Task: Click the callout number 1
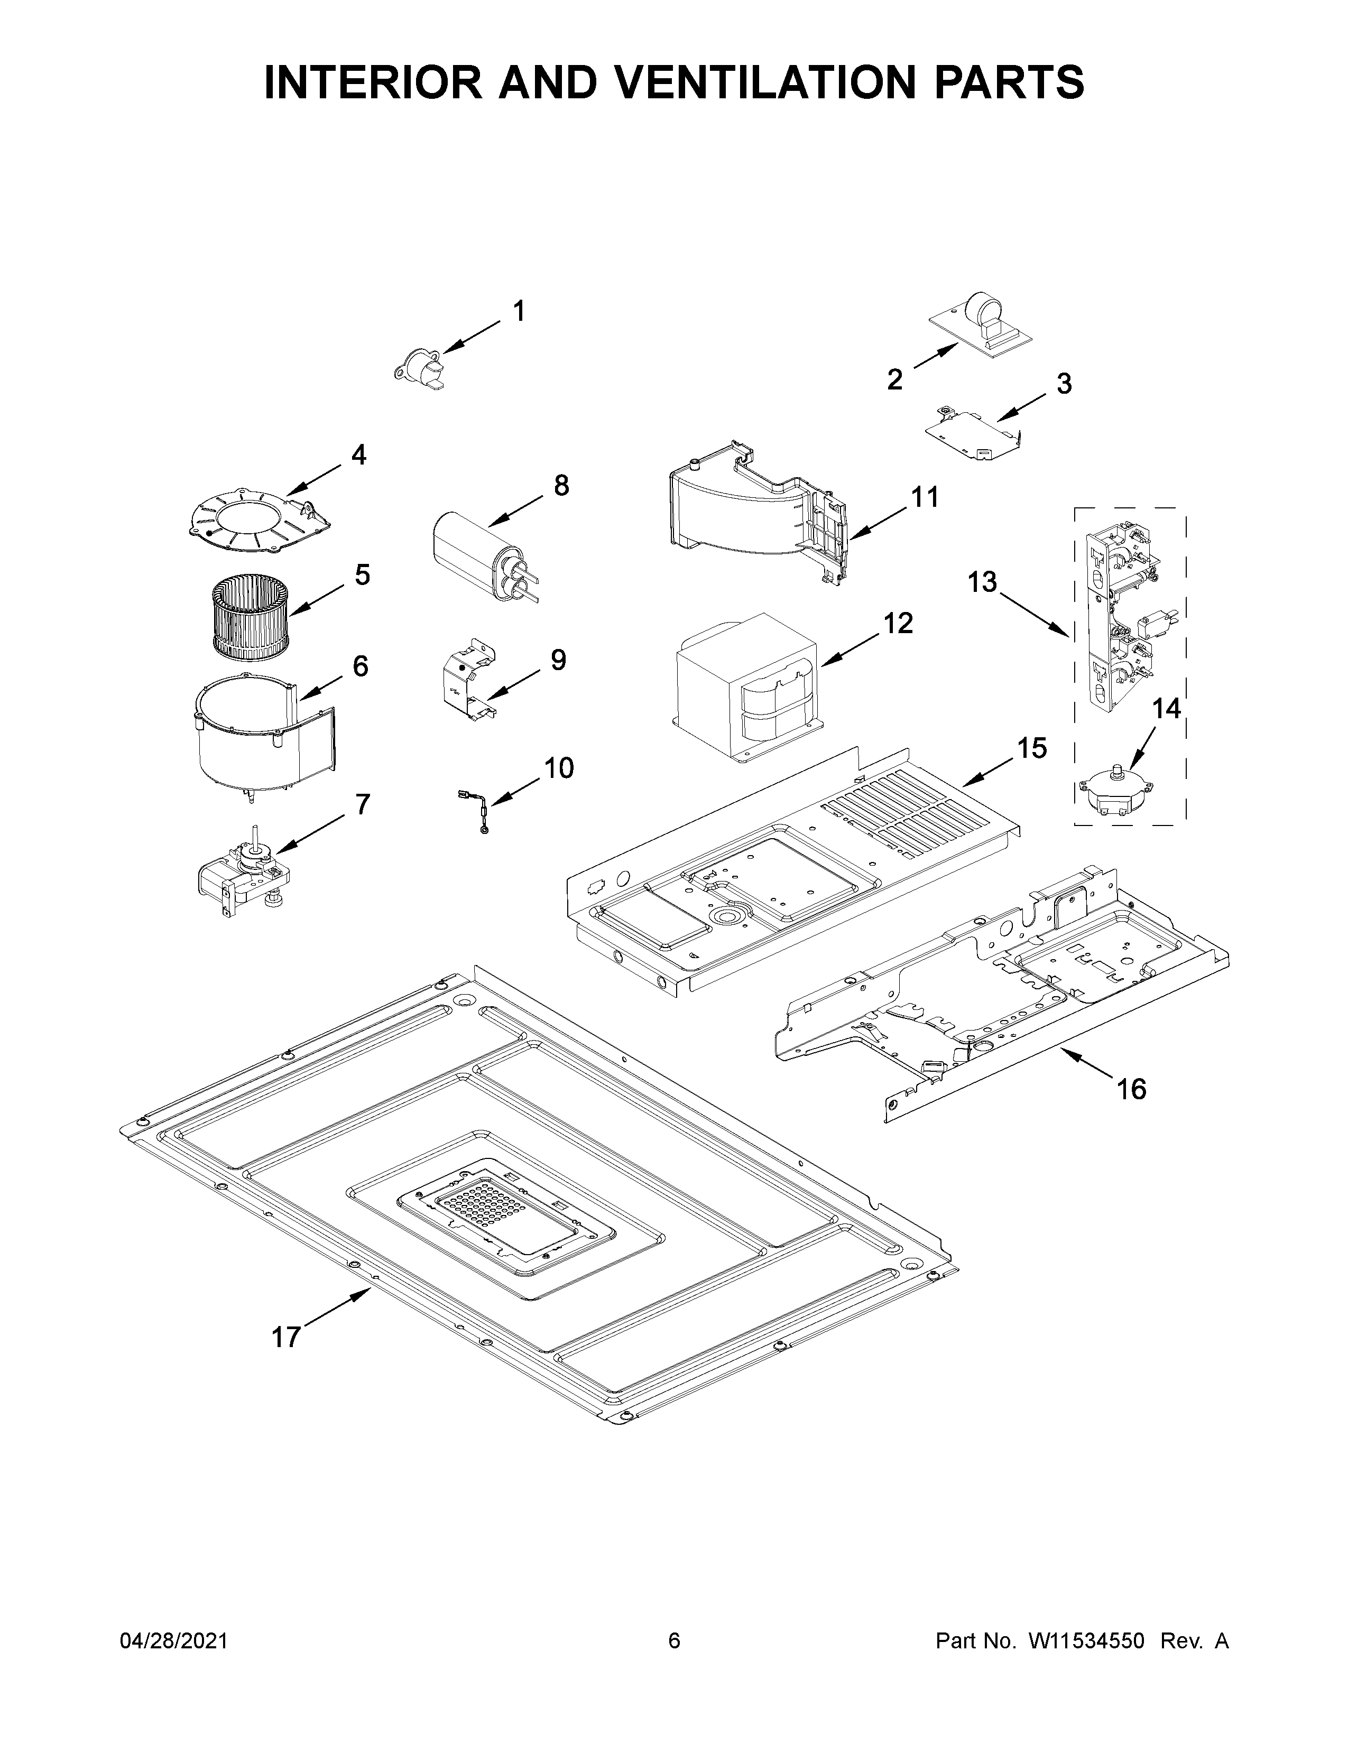[x=519, y=311]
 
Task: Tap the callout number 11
[x=925, y=497]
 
